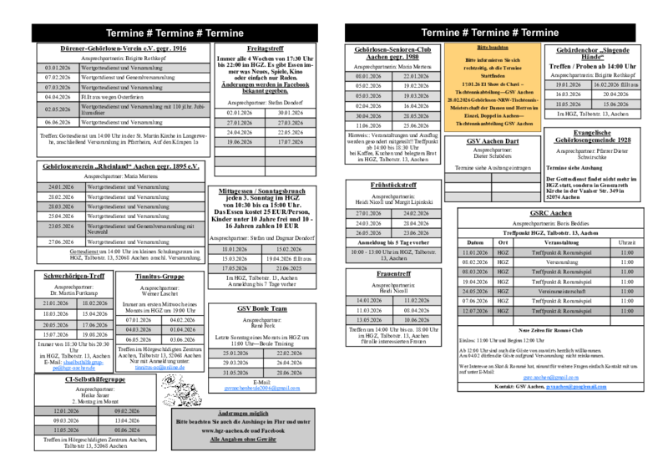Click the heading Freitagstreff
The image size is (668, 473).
[x=261, y=49]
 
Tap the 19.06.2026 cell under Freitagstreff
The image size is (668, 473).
[x=239, y=143]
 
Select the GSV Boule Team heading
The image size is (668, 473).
[x=261, y=308]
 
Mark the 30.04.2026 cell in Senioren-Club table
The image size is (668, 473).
[x=367, y=116]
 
